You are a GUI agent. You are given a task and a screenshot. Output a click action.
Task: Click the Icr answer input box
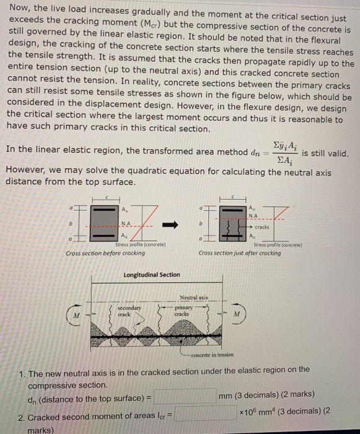click(205, 413)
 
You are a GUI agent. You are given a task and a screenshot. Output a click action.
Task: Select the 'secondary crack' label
click(130, 309)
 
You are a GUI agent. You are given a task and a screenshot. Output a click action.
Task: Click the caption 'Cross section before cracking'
click(106, 254)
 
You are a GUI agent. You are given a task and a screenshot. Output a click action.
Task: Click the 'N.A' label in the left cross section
click(126, 223)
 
